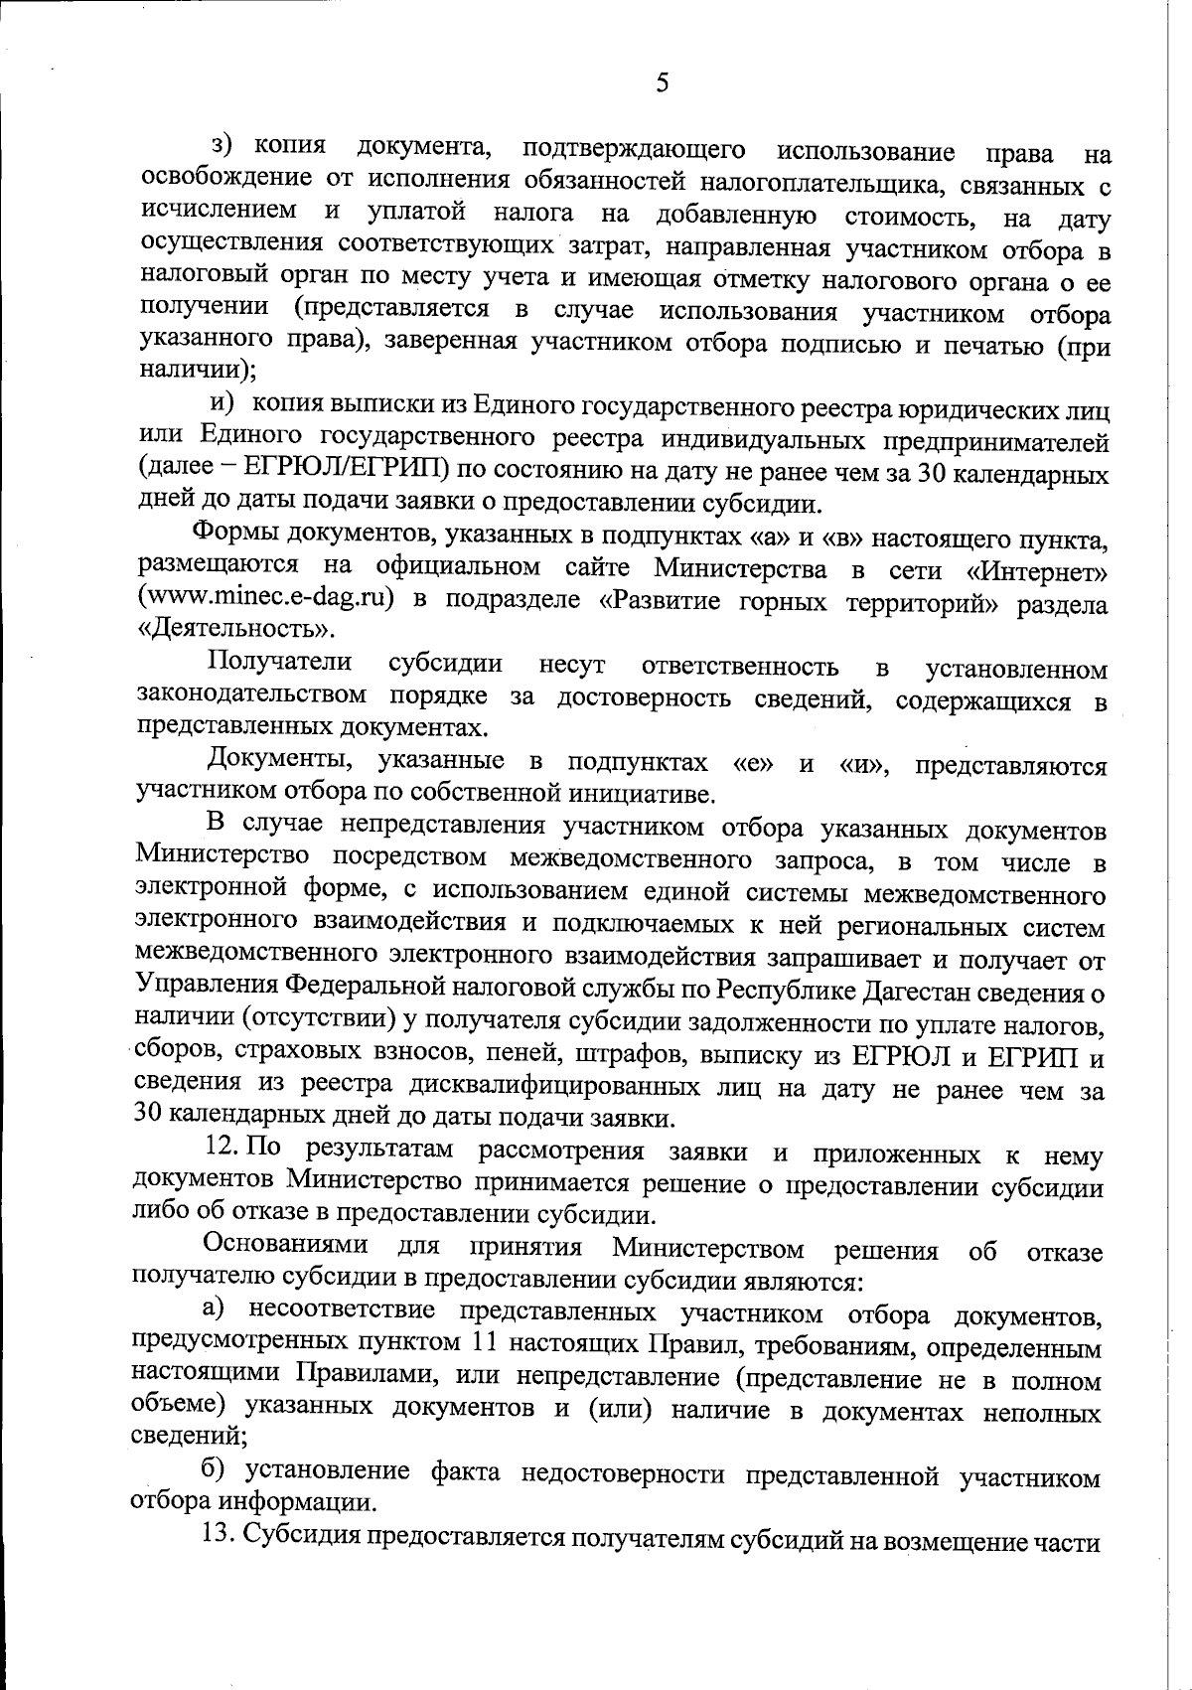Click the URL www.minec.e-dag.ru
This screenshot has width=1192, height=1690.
pos(260,599)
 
